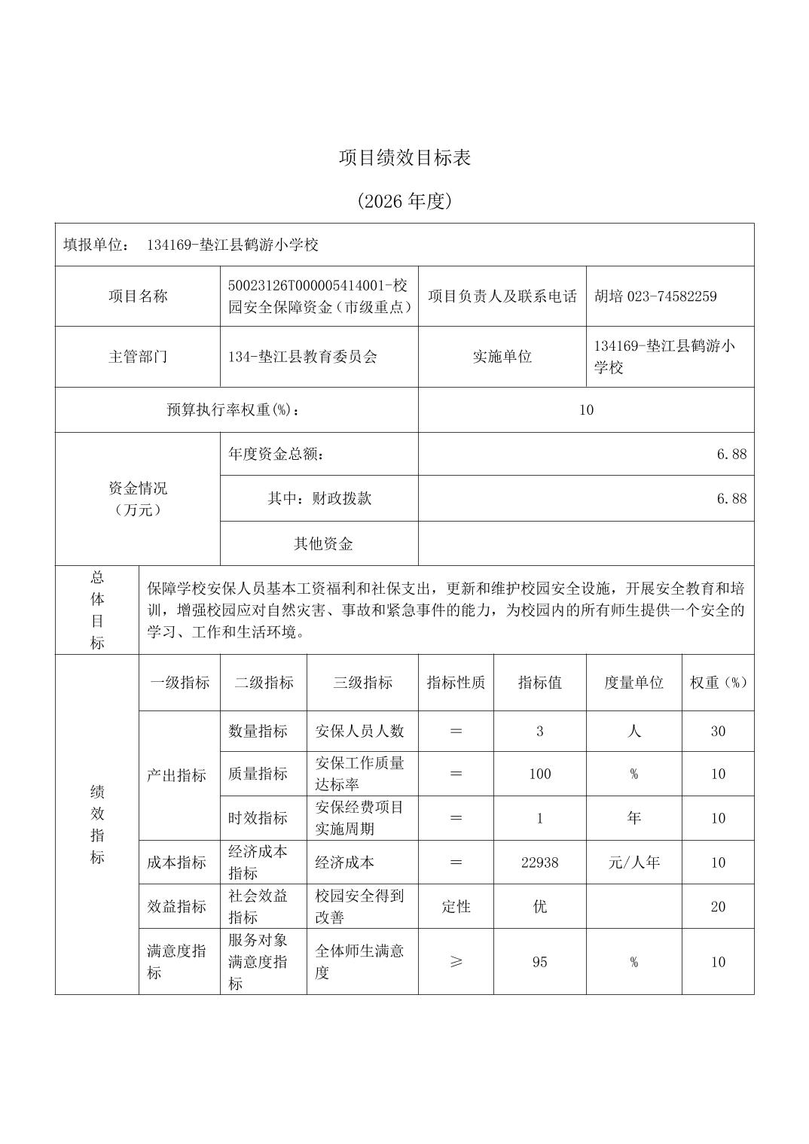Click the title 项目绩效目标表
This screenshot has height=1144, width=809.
(404, 158)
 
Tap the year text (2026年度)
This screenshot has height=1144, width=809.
(404, 201)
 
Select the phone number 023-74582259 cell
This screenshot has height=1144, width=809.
(655, 296)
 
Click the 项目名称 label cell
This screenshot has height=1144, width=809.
(138, 296)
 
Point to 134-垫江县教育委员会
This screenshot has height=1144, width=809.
(303, 357)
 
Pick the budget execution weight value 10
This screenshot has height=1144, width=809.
(586, 409)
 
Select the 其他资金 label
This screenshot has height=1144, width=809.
(323, 543)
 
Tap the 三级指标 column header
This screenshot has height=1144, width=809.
(362, 683)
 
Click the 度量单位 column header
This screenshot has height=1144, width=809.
(633, 683)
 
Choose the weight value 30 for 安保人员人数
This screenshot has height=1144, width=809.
(718, 731)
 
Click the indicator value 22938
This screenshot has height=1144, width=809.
(539, 863)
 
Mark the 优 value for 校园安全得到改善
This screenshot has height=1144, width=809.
(539, 906)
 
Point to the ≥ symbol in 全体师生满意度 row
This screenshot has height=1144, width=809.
(456, 962)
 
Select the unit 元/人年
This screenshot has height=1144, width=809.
(633, 863)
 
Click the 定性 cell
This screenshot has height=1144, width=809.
(456, 906)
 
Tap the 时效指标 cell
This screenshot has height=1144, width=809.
(258, 818)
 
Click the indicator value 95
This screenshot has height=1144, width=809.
(539, 962)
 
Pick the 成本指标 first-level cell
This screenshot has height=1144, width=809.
(176, 863)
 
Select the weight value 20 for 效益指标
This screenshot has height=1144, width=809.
(718, 906)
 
